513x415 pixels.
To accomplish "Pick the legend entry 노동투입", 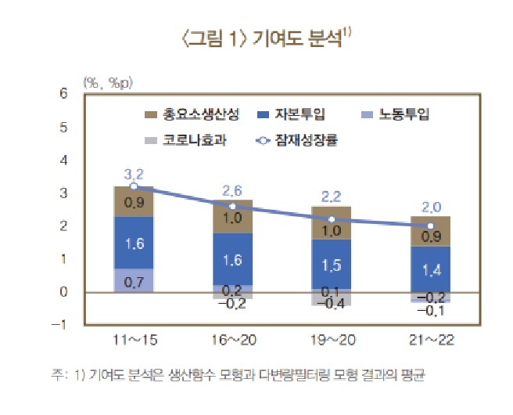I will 404,114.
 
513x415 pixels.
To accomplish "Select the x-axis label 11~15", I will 134,341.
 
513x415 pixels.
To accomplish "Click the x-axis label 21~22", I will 429,341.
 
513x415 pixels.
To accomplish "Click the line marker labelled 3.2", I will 134,186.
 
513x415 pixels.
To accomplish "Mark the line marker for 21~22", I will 429,226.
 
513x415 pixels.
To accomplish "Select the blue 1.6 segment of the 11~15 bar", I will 134,243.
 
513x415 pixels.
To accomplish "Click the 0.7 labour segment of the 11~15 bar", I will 134,280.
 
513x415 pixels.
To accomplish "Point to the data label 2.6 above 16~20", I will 232,190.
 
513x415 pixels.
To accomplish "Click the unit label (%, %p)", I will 103,80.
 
